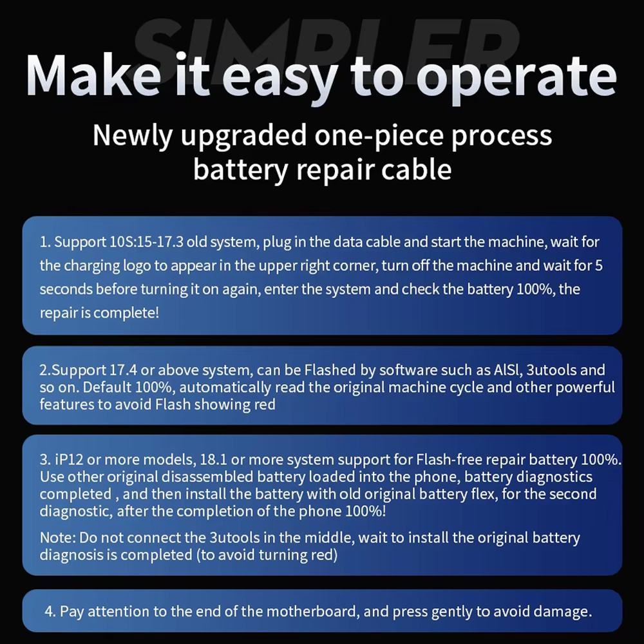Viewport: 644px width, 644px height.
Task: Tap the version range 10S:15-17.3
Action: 147,242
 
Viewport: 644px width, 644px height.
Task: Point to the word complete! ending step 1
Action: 126,314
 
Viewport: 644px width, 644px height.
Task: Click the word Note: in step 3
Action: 58,538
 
